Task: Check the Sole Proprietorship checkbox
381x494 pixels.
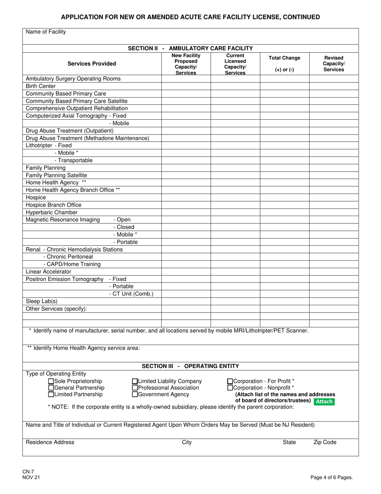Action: point(51,381)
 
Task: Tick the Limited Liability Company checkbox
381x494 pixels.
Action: point(135,381)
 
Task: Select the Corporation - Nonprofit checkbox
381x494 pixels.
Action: point(230,388)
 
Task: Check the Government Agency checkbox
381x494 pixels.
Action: point(135,394)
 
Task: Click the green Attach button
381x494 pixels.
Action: point(324,401)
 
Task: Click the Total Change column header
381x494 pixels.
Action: point(284,63)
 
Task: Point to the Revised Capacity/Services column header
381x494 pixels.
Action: point(334,63)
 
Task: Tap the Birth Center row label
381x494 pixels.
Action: point(41,86)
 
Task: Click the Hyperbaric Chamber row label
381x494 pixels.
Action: point(52,212)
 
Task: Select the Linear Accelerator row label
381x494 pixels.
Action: point(49,271)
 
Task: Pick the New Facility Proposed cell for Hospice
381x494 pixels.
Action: point(186,198)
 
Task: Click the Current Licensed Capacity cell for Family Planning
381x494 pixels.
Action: point(235,168)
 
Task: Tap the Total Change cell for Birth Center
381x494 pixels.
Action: point(284,86)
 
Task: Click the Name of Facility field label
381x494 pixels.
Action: point(46,32)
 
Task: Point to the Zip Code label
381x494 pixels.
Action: point(324,442)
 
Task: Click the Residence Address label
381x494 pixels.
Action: point(50,442)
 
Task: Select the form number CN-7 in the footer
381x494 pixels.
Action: point(28,472)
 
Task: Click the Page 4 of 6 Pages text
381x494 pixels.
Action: point(332,478)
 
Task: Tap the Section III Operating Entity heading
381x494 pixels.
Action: point(190,366)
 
